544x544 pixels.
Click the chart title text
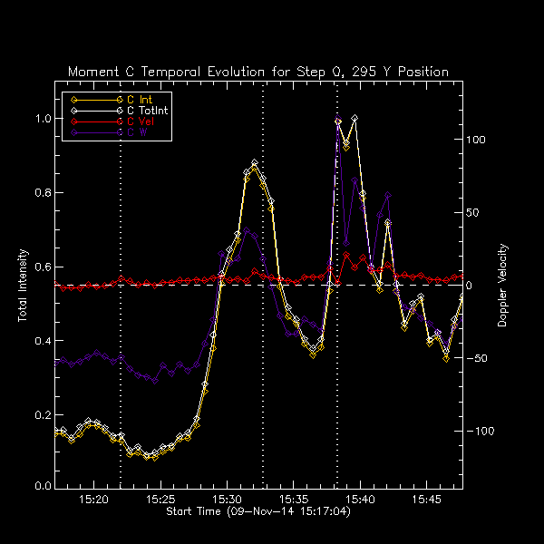coord(258,72)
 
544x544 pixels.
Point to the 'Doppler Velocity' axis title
coord(503,286)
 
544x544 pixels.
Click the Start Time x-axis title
coord(257,512)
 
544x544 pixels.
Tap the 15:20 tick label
coord(94,500)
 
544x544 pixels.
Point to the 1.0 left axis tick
coord(42,119)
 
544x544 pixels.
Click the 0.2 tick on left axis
coord(42,414)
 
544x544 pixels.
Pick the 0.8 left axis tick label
coord(42,192)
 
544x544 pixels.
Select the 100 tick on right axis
coord(477,141)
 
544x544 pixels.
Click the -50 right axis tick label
coord(477,358)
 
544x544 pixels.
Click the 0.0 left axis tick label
coord(42,487)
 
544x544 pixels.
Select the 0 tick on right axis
coord(471,286)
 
